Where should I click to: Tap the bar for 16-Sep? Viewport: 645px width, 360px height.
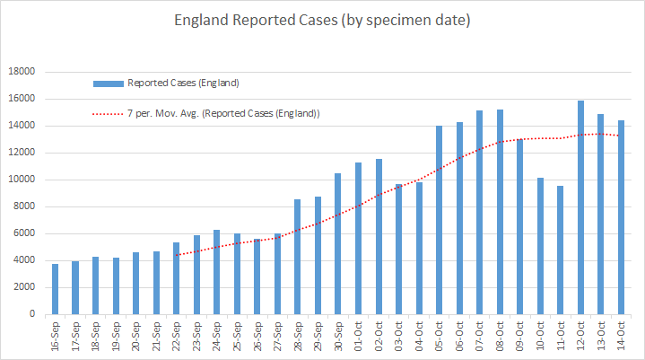[56, 289]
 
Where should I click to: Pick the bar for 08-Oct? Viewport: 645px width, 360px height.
[500, 212]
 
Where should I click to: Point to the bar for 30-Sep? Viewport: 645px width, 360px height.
[338, 243]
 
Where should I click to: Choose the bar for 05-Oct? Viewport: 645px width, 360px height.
[440, 220]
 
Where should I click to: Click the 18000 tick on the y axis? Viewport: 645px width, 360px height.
[22, 73]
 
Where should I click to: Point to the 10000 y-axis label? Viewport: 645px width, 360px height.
[22, 180]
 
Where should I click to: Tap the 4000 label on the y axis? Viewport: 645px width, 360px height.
[24, 260]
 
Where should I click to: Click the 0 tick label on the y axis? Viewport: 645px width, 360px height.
[32, 314]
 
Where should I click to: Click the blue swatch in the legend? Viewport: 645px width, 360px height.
[108, 83]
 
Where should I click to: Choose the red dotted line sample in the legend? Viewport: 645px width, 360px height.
[108, 114]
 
